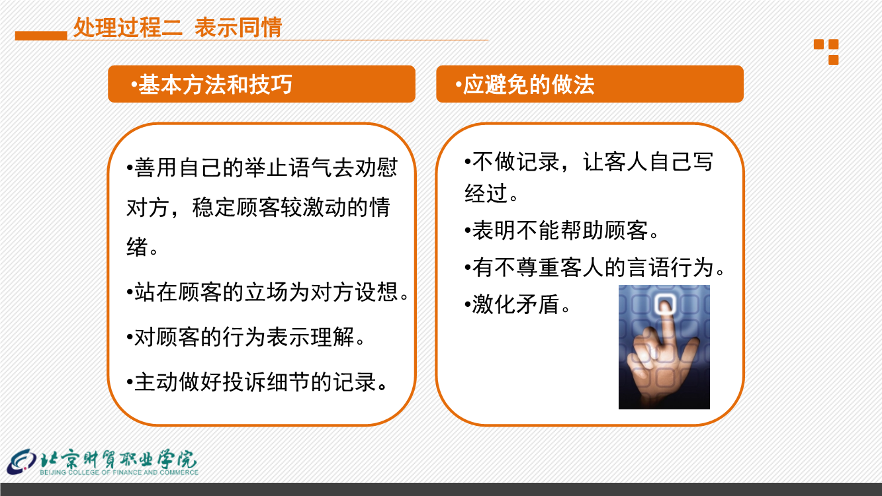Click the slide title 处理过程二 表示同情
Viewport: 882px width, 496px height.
coord(177,27)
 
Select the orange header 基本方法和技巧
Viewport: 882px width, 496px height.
coord(261,84)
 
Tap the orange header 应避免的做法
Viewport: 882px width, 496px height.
coord(590,84)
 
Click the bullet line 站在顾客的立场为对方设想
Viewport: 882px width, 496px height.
coord(268,292)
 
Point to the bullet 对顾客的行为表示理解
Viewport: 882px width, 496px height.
coord(245,337)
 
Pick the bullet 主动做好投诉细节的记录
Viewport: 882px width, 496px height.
coord(257,382)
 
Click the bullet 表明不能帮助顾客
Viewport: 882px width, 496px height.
coord(562,230)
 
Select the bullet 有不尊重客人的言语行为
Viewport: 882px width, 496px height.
coord(595,268)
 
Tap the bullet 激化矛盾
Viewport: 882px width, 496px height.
coord(517,304)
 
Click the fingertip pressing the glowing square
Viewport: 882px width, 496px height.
coord(666,307)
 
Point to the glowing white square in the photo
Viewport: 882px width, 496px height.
coord(666,304)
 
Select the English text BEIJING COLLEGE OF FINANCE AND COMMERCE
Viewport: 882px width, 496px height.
coord(119,472)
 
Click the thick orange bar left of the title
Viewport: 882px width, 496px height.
coord(41,36)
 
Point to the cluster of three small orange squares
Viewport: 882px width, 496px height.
coord(826,52)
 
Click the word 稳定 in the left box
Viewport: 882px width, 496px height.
coord(214,208)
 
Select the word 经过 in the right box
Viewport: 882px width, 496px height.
coord(486,193)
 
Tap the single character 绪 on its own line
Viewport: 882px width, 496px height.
coord(137,247)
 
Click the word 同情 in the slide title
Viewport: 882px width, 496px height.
coord(260,27)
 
